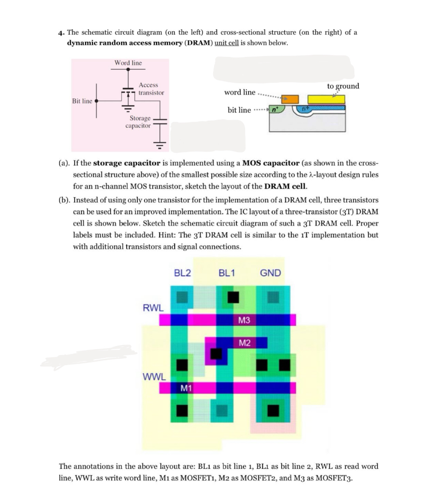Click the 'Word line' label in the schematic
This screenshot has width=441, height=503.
click(x=128, y=63)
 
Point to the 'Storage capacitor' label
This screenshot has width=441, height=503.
click(x=139, y=122)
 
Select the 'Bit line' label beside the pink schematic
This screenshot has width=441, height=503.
click(x=82, y=101)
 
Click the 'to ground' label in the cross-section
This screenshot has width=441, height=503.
click(x=343, y=86)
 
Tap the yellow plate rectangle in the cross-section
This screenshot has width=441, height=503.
click(x=326, y=99)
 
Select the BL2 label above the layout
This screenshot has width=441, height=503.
click(x=182, y=273)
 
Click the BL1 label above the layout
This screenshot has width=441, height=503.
click(x=227, y=273)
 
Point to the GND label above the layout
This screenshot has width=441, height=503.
click(x=270, y=273)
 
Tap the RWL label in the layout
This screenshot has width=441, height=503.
click(x=153, y=307)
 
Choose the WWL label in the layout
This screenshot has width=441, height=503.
click(x=154, y=377)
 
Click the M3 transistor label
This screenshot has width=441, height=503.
click(x=244, y=320)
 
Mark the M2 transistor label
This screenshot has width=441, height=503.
click(x=244, y=342)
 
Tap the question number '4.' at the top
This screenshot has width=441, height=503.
click(x=62, y=32)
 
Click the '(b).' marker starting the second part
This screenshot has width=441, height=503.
click(x=65, y=200)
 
